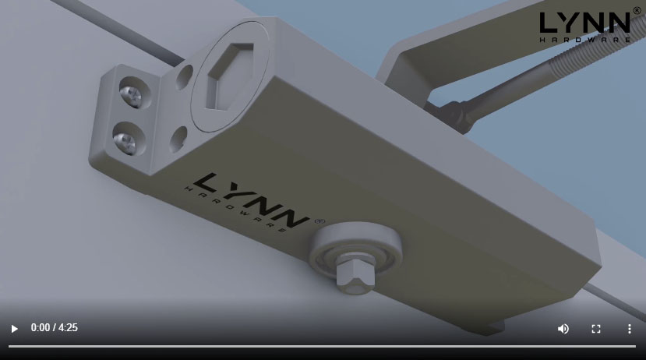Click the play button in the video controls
[14, 329]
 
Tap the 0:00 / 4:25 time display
[54, 328]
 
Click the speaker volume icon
[563, 329]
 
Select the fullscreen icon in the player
[596, 329]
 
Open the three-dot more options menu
[629, 329]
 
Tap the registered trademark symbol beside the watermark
[637, 12]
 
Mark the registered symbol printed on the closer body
[319, 221]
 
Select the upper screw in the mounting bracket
[130, 96]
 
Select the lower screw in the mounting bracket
[125, 141]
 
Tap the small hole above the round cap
[185, 76]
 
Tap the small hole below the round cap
[178, 138]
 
